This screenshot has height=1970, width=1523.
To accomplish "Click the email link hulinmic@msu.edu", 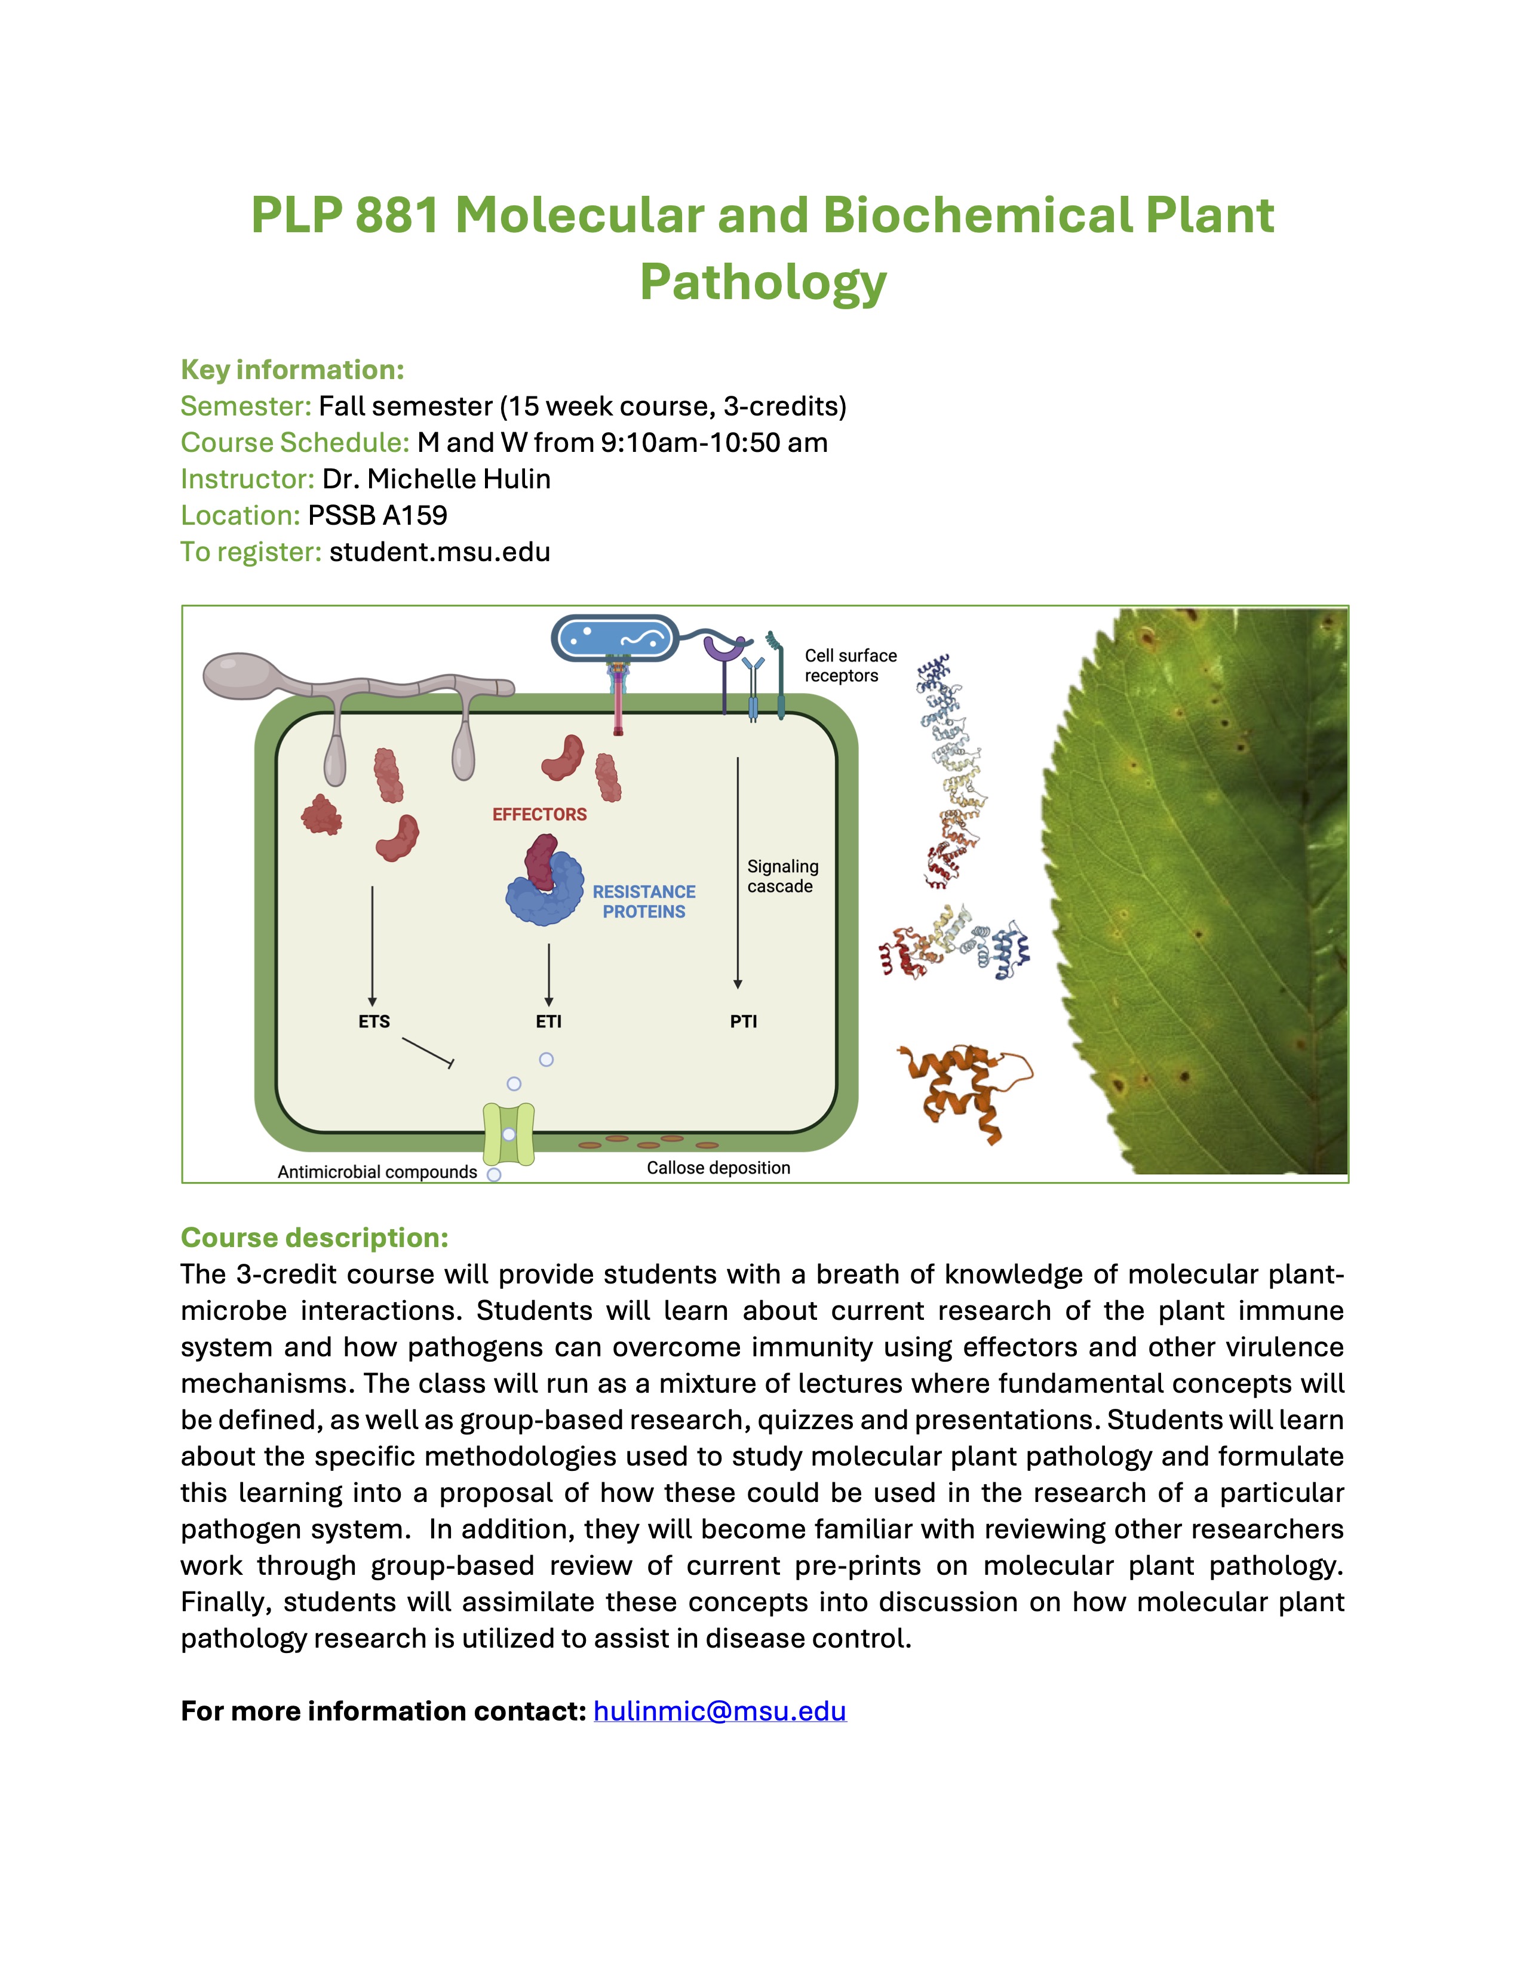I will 719,1711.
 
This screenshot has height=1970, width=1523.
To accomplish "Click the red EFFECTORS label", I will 539,814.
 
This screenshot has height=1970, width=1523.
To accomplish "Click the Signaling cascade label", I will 782,876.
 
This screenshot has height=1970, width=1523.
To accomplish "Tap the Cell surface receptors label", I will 850,666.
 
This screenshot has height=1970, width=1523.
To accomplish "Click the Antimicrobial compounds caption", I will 377,1172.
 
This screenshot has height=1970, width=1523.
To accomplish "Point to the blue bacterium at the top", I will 615,639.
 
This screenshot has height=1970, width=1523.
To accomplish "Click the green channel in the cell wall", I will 509,1134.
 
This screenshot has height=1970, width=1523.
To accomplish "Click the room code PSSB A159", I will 377,515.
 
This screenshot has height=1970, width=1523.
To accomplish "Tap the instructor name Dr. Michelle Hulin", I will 436,478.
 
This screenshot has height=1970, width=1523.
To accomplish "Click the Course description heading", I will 314,1238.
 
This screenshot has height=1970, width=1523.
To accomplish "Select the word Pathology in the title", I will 763,282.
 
